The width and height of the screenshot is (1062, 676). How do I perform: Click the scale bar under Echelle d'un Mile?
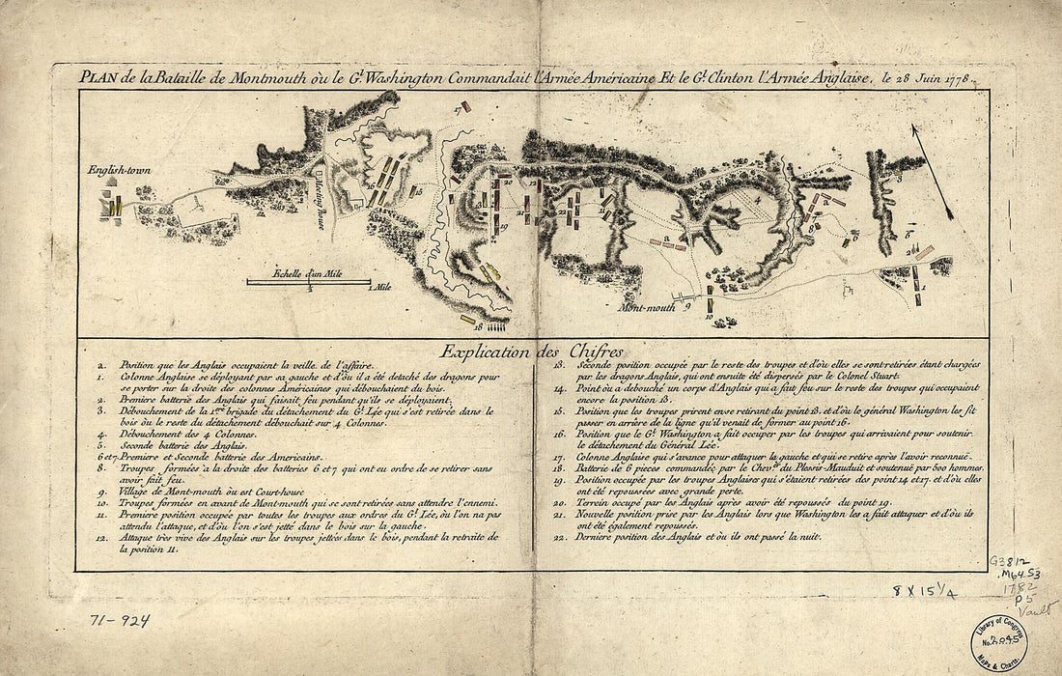point(308,281)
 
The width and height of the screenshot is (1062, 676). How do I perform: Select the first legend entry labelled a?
point(241,366)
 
